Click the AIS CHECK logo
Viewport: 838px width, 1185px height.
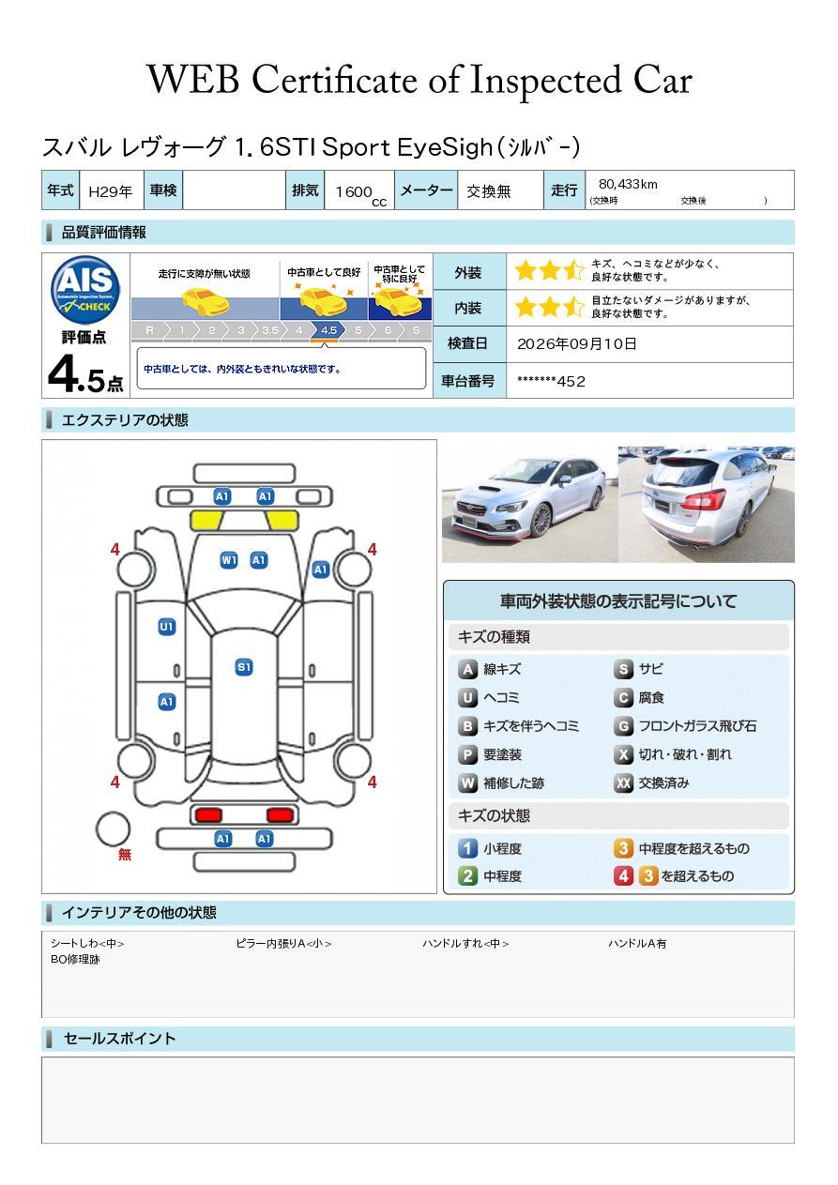pos(85,290)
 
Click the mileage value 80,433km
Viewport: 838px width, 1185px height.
pos(628,184)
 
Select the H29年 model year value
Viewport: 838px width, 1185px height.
pos(111,191)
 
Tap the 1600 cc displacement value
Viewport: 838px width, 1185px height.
pos(360,194)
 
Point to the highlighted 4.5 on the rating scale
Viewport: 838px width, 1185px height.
pos(328,330)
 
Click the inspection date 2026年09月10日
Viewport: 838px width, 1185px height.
pos(577,343)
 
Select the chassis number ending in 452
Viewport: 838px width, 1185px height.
pos(551,382)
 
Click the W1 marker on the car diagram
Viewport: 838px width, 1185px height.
pos(229,560)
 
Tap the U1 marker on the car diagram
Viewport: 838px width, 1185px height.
pos(167,627)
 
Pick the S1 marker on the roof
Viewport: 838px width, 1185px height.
pos(244,667)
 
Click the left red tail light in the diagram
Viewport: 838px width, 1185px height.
pos(208,814)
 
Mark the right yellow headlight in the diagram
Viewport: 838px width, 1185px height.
pos(282,521)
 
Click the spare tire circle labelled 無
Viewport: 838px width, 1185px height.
pos(113,829)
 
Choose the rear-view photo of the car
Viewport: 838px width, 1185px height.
pos(707,504)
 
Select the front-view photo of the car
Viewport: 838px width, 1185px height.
pos(529,504)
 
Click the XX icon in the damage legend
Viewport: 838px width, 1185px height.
pos(624,782)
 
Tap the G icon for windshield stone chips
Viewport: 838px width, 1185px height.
pos(624,726)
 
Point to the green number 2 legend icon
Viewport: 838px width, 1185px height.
pos(467,876)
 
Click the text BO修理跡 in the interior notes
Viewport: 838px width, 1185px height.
pos(75,959)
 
